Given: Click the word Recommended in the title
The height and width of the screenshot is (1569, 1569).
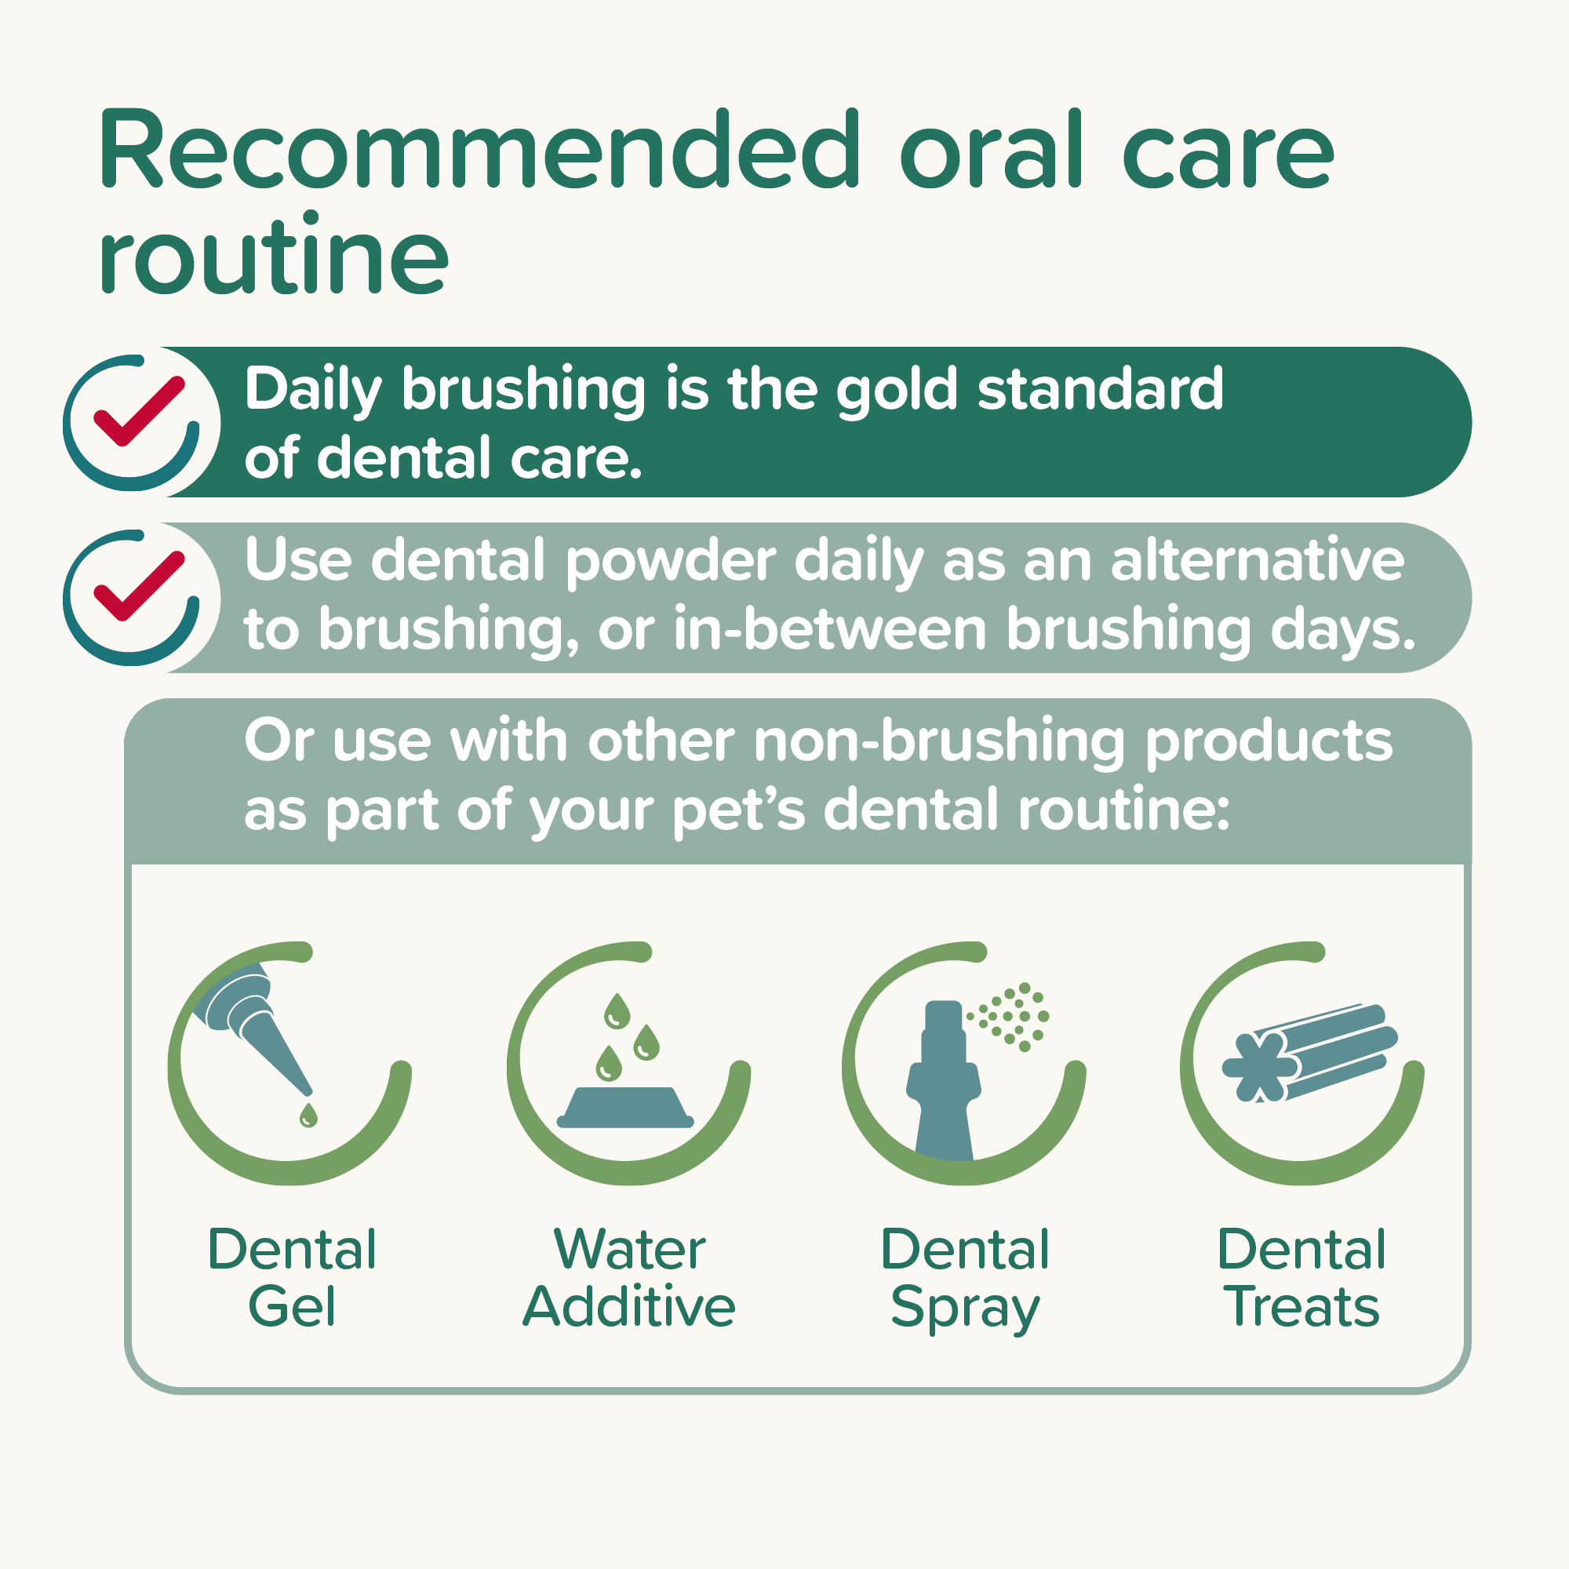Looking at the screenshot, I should point(479,151).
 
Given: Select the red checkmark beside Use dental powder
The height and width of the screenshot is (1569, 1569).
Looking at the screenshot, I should point(139,586).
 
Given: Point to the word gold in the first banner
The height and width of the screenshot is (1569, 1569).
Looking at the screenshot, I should point(897,391).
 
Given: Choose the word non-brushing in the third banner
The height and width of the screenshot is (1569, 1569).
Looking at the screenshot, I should point(939,741).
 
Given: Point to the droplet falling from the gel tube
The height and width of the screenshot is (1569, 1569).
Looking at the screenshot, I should point(308,1115).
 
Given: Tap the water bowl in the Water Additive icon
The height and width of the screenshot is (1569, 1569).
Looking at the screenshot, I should point(625,1108).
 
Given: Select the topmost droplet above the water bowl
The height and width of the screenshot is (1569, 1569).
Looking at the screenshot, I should point(617,1010).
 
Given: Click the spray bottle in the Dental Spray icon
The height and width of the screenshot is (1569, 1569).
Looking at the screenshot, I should point(944,1080).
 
